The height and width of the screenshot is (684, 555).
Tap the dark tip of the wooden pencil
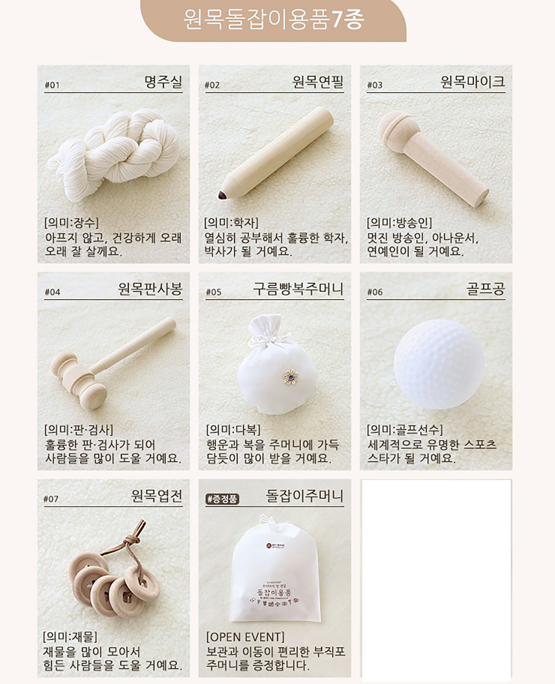(223, 195)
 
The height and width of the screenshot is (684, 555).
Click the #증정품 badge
(223, 498)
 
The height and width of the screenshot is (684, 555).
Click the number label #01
(52, 85)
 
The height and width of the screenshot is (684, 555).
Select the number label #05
(213, 292)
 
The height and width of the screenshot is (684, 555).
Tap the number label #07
(51, 499)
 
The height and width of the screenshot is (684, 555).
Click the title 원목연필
(318, 82)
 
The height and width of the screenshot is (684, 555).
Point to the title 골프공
(485, 289)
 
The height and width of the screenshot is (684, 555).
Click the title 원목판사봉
(150, 289)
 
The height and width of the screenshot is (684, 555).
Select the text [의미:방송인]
(399, 223)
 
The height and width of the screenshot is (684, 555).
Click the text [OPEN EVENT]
(245, 637)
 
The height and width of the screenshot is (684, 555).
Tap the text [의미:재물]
(70, 637)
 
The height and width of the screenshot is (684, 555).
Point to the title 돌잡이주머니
(304, 496)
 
